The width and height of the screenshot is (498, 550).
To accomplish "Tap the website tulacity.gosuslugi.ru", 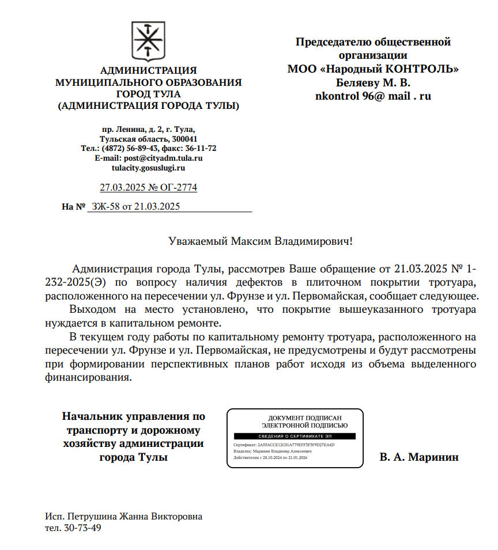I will pos(149,168).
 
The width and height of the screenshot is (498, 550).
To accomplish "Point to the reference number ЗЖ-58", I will pos(105,207).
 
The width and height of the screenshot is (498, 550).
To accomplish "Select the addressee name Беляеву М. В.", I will pos(373,82).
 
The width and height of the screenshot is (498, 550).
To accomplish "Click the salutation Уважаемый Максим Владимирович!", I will pos(260,241).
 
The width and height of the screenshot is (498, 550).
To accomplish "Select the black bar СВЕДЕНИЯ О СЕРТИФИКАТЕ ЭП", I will pos(295,437).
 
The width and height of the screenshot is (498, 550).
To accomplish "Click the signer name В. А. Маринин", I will pos(419,457).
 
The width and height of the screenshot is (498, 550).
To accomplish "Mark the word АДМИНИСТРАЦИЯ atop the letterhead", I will pos(148,71).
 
